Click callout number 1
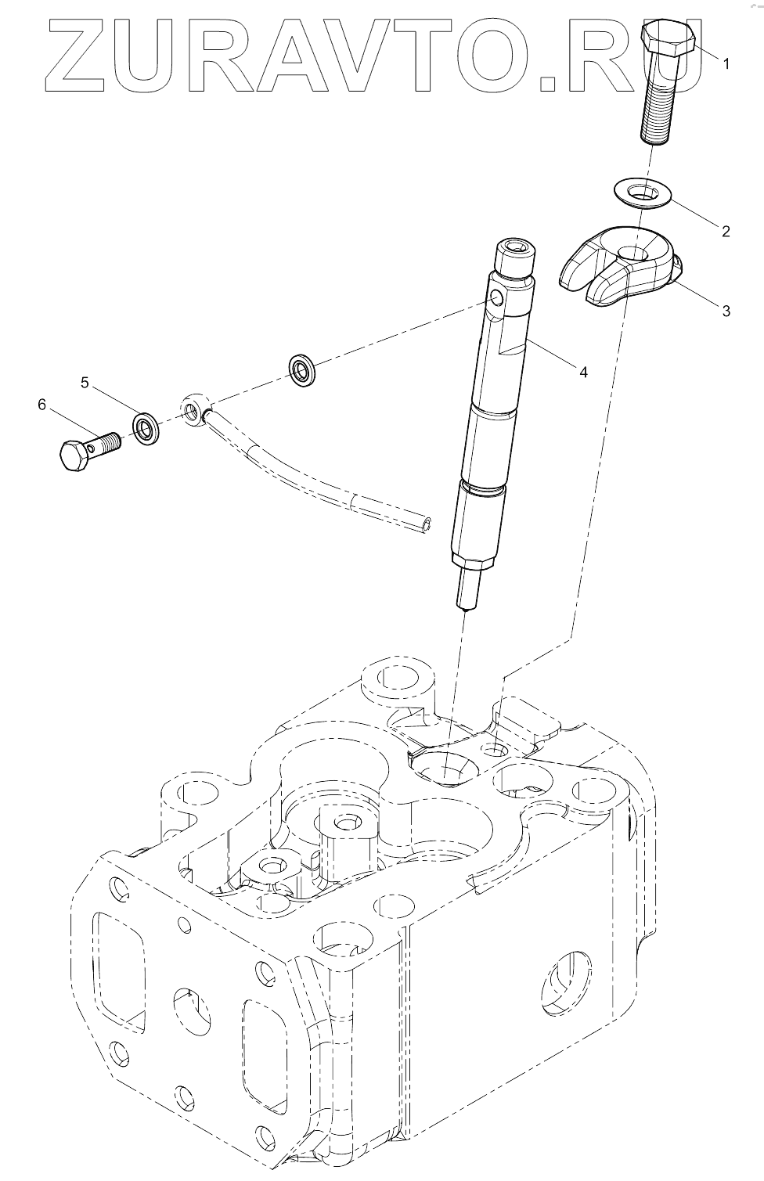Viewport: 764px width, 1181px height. click(x=726, y=64)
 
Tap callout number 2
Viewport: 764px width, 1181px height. click(x=726, y=231)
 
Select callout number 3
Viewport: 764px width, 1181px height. click(x=726, y=311)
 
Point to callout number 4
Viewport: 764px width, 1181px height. click(x=583, y=372)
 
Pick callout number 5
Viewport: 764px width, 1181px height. click(x=85, y=382)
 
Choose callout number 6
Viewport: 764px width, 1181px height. click(x=41, y=404)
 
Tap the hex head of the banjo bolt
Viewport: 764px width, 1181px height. click(x=73, y=455)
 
